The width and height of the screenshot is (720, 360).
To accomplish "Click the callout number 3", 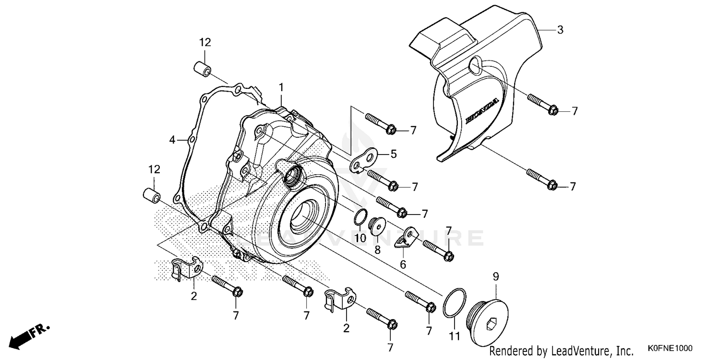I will pos(560,30).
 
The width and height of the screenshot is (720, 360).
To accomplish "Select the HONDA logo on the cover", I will pos(482,111).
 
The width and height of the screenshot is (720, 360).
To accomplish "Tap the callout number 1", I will pos(281,87).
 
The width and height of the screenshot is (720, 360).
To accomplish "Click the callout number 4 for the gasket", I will pos(172,140).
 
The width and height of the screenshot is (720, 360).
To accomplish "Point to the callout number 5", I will pos(394,154).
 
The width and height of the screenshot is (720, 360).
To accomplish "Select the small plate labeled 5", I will pos(362,160).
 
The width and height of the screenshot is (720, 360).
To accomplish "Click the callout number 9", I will pos(496,276).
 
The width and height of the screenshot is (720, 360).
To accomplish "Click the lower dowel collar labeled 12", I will pos(151,195).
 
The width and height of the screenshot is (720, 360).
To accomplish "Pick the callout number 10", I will pos(360,238).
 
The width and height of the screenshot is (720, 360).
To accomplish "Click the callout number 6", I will pos(403,264).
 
